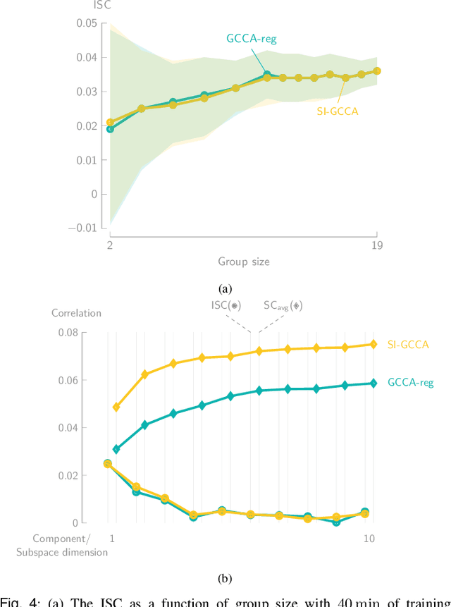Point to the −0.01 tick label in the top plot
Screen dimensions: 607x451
click(x=82, y=228)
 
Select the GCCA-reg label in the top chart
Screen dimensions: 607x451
click(x=252, y=38)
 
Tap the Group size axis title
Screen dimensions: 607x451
click(x=243, y=262)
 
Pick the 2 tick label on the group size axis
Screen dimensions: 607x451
click(x=110, y=245)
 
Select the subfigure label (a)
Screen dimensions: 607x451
click(x=225, y=288)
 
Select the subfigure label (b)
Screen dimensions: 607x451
click(x=225, y=579)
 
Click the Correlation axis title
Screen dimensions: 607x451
click(x=76, y=312)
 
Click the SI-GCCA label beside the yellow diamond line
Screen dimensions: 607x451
click(x=408, y=345)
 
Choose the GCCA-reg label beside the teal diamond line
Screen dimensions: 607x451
click(x=410, y=383)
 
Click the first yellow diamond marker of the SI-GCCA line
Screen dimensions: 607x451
click(x=116, y=407)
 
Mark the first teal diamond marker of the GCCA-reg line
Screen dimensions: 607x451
click(x=116, y=449)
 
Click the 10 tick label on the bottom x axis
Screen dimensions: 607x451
click(x=369, y=539)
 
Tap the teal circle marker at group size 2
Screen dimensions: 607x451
click(x=110, y=129)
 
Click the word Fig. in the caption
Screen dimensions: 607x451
click(x=12, y=601)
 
